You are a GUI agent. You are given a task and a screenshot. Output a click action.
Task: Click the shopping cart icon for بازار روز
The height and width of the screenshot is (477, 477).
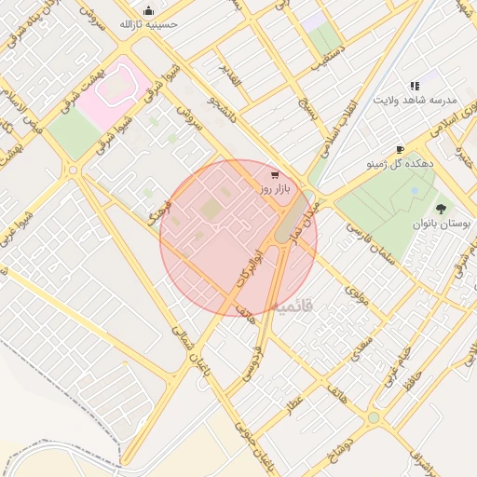273,174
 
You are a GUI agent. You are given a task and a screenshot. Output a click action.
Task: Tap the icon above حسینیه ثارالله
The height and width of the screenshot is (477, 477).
148,10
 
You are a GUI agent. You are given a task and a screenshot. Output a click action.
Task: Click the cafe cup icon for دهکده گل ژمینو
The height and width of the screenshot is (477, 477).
400,149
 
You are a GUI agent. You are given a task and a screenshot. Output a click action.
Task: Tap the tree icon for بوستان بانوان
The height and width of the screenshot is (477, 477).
440,209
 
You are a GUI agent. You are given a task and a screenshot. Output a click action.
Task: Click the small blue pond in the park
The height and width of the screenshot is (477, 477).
414,191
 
